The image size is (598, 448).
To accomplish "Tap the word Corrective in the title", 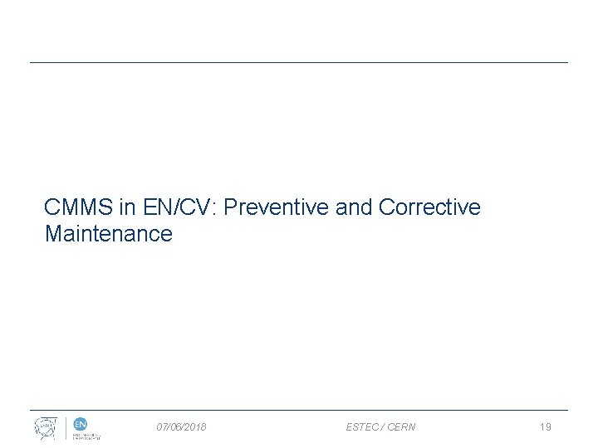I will [429, 207].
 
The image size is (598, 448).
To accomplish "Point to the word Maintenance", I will [108, 234].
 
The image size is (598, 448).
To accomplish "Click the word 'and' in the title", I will [355, 207].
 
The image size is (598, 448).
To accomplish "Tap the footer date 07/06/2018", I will [182, 427].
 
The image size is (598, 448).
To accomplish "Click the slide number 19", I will [545, 427].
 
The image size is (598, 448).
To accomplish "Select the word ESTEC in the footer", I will [362, 427].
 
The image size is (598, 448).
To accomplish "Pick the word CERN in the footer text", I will [401, 427].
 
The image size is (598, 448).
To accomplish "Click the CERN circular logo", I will [47, 427].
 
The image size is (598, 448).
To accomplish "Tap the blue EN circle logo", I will [81, 424].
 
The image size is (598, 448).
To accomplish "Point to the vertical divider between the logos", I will [66, 427].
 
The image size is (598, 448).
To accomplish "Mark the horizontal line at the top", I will [299, 62].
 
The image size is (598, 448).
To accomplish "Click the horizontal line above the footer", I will [299, 410].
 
